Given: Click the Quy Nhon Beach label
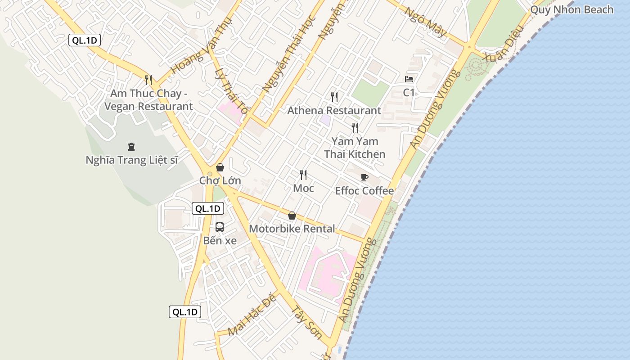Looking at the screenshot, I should coord(571,9).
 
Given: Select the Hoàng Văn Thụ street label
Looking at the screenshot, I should coord(201,46).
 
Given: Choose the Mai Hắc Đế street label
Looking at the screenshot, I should coord(252,316).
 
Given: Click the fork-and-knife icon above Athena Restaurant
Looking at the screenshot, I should coord(334,97).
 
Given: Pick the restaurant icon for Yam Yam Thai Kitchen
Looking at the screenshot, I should coord(355,128).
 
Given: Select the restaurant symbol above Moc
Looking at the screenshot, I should coord(303,175).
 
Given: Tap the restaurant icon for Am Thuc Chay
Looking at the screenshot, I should coord(148,80).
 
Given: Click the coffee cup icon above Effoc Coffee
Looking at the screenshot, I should coord(364,177).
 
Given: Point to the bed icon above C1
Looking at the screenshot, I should coord(409,79).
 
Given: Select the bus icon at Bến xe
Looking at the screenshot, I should coord(220,227).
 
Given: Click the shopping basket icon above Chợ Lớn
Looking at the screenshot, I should coord(220,167).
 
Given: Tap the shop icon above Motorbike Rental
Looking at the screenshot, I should coord(292,216).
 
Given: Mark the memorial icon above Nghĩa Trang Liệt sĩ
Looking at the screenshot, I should coord(131,146).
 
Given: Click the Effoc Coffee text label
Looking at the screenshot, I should coord(364,191).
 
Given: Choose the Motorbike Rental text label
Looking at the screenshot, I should coord(292,229).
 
